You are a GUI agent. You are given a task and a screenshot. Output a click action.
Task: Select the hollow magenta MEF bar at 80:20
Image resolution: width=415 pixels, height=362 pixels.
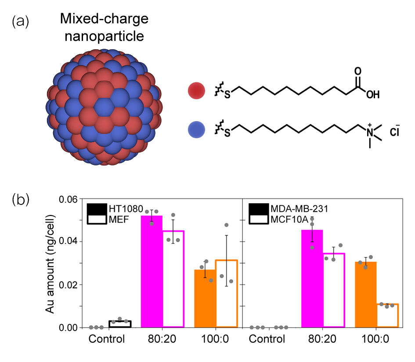point(173,279)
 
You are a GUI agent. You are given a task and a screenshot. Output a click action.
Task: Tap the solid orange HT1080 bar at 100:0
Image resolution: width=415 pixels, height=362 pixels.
point(205,298)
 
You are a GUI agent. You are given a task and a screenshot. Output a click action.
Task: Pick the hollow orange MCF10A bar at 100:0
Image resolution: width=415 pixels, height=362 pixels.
point(387,315)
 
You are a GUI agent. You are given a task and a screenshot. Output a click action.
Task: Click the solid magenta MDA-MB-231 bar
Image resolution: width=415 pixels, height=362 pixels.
point(312,278)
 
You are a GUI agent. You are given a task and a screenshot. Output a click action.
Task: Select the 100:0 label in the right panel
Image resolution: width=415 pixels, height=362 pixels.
point(376,339)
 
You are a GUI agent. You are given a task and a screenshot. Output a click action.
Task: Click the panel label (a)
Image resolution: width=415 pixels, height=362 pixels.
point(21,22)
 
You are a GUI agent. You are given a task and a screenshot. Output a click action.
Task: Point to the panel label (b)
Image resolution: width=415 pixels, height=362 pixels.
point(21,200)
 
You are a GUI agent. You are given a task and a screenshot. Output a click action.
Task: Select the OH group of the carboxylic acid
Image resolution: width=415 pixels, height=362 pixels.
point(372,94)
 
